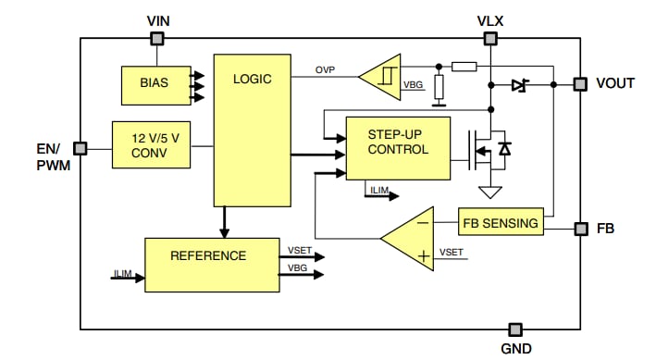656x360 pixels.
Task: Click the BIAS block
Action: click(x=154, y=84)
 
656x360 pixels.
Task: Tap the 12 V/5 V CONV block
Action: click(x=150, y=144)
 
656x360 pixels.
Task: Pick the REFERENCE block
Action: click(x=211, y=265)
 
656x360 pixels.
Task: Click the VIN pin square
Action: click(x=157, y=38)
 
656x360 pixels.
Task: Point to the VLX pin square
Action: click(x=489, y=38)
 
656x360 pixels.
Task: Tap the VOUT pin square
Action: click(x=579, y=84)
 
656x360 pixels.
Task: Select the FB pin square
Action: click(x=579, y=228)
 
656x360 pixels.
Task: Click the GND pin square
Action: click(x=515, y=329)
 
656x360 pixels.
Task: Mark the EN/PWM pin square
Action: click(x=80, y=148)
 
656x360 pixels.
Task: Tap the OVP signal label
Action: click(x=325, y=70)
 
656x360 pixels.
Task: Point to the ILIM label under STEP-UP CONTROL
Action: click(x=379, y=191)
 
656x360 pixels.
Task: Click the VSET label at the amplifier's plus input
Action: click(x=451, y=252)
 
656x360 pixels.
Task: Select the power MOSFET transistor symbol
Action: click(x=484, y=150)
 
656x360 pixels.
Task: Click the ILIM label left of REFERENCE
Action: click(x=122, y=273)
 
